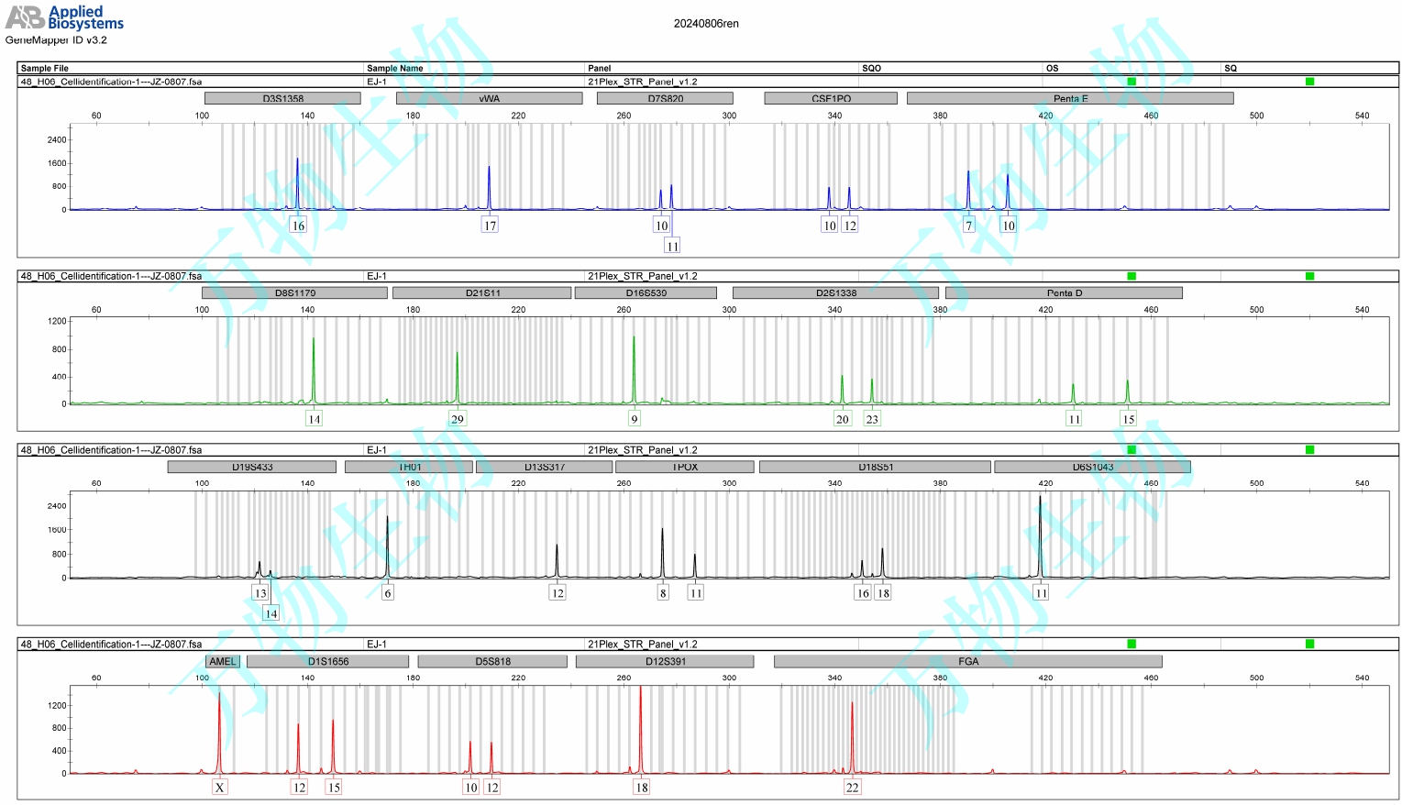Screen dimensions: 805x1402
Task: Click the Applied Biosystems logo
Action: [64, 17]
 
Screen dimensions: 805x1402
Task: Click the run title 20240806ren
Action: [705, 24]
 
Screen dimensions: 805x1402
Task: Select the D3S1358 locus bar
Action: [282, 98]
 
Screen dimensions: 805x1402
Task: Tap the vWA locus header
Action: [489, 98]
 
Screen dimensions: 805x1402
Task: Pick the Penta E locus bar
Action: [1069, 98]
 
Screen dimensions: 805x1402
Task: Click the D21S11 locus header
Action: [482, 293]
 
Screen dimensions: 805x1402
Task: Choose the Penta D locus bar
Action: [1064, 293]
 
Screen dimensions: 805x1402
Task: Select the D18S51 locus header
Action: [875, 468]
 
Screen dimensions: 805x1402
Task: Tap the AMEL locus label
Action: [222, 662]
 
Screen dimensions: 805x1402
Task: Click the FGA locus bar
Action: [967, 662]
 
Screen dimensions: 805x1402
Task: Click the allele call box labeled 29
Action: [457, 419]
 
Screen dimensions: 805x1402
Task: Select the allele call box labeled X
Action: [219, 788]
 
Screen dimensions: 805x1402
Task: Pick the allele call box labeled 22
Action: [852, 788]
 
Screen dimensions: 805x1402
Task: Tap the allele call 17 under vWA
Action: [490, 226]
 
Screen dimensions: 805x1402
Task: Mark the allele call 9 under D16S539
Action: [634, 419]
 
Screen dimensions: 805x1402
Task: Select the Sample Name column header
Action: [394, 68]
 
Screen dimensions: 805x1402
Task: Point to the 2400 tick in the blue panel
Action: [57, 140]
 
